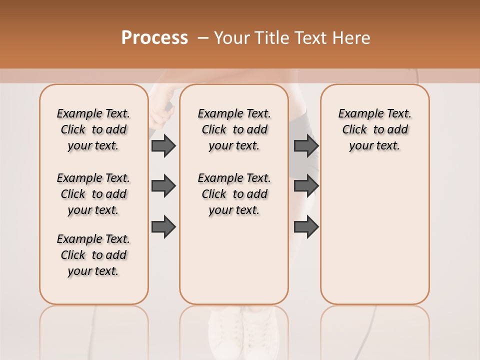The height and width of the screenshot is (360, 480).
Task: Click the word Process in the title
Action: pos(154,37)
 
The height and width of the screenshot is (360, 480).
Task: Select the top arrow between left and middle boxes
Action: pos(163,145)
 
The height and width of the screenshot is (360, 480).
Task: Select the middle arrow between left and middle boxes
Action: pos(163,186)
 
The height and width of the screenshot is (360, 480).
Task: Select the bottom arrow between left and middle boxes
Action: pos(163,226)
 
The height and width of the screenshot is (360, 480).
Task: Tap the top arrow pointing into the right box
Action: pos(306,145)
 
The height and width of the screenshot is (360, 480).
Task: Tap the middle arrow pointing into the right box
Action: pos(306,186)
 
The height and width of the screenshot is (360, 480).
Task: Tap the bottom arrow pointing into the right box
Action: pos(306,226)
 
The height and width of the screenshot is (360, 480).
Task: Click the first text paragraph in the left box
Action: pos(93,129)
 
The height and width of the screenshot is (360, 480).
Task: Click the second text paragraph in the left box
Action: pos(93,194)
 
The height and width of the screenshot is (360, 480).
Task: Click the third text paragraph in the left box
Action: pos(93,255)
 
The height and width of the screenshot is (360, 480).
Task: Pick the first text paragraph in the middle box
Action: pos(234,129)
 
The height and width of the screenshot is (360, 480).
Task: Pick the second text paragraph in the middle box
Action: pos(234,194)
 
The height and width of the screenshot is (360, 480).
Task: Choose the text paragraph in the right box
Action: pos(374,129)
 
